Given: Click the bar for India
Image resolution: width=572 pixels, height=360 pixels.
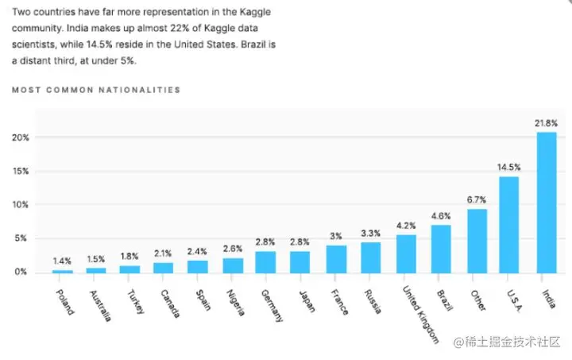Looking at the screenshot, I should pyautogui.click(x=547, y=202).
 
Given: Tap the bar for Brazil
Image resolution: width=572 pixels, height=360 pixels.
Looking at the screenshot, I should pyautogui.click(x=441, y=248).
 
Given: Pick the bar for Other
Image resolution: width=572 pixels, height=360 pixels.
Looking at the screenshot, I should pyautogui.click(x=477, y=240).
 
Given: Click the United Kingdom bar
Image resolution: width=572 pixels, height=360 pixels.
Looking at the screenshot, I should pyautogui.click(x=405, y=253).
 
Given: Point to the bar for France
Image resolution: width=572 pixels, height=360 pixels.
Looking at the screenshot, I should pyautogui.click(x=337, y=258).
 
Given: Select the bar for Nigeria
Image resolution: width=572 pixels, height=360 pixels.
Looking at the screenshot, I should pyautogui.click(x=233, y=265).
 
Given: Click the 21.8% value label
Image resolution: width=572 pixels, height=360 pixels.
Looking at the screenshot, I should pyautogui.click(x=547, y=123).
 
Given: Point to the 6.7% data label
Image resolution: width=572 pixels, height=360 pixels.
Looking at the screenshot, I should pyautogui.click(x=477, y=199).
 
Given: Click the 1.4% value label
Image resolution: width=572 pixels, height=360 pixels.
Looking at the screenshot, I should pyautogui.click(x=63, y=260).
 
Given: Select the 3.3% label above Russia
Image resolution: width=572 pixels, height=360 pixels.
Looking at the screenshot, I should pyautogui.click(x=371, y=233).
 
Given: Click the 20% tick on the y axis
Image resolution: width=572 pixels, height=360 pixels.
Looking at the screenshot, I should pyautogui.click(x=21, y=137).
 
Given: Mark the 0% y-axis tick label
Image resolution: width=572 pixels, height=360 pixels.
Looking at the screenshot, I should pyautogui.click(x=22, y=272).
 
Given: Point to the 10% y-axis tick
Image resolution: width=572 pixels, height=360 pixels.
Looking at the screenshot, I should pyautogui.click(x=21, y=205).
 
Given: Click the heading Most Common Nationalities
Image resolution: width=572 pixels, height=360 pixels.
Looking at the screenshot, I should pyautogui.click(x=96, y=90).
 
